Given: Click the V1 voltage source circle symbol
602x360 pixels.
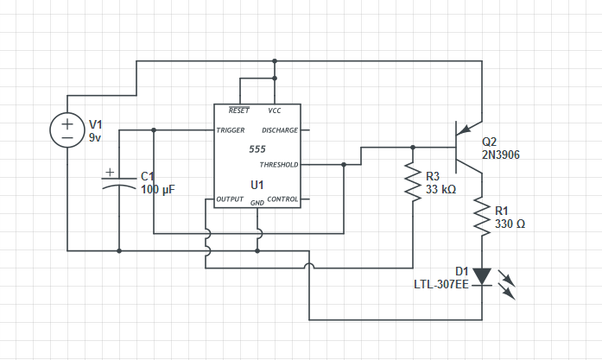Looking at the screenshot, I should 67,129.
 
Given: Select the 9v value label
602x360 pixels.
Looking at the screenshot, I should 96,137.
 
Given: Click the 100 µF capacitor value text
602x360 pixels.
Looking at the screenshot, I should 158,189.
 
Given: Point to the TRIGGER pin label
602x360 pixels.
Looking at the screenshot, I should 231,130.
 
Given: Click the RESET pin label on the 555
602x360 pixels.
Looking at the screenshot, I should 239,111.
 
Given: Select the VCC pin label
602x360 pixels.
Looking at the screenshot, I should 275,111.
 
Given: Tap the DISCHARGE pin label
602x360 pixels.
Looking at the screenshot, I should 280,130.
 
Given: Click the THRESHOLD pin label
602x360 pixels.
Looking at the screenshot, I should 278,165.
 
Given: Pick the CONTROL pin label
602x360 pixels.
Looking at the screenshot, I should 282,199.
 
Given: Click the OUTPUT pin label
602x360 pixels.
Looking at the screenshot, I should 230,199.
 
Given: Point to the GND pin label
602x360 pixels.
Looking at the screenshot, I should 257,203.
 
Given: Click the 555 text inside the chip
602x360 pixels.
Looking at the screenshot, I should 257,148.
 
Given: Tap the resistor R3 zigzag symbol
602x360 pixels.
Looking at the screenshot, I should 413,182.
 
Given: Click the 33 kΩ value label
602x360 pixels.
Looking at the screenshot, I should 440,189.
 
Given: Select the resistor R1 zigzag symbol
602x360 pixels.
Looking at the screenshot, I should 482,216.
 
